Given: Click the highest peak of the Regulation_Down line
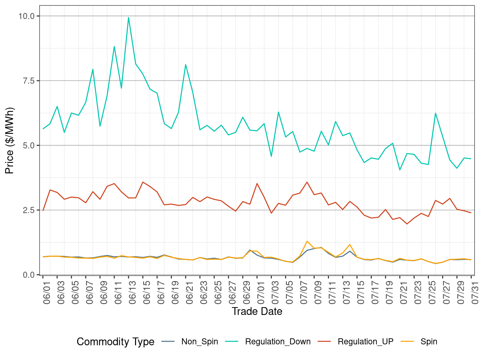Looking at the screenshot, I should coord(129,17).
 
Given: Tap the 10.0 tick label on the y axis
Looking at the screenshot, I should coord(27,16).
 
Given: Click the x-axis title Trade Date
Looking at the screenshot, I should coord(257,311).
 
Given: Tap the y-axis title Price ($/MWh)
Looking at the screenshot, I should coord(10,140).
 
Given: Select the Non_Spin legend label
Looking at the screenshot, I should coord(200,342).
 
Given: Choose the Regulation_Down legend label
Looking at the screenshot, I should coord(277,342).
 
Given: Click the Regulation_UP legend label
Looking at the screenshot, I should coord(365,342).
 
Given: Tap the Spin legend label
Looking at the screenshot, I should coord(429,342).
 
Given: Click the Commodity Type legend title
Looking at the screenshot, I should coord(115,342).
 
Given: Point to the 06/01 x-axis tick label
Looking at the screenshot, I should coord(47,292).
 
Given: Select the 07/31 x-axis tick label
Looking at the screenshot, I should coord(475,292).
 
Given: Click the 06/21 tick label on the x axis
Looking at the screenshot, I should coord(190,292).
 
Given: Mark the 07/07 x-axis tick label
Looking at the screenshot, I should coord(304,292).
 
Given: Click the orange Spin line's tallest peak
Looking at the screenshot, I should coord(307,241).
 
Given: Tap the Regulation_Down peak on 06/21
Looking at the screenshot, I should coord(186,65).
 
